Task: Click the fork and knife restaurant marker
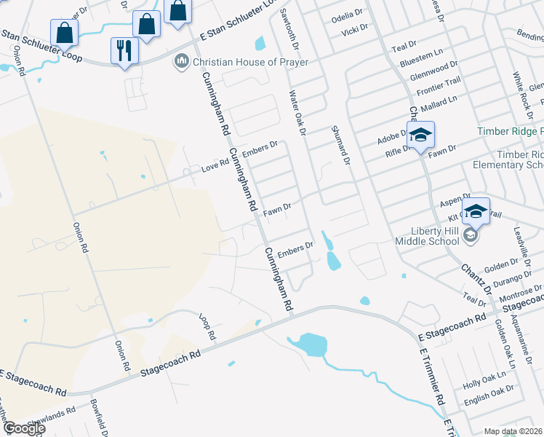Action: click(123, 51)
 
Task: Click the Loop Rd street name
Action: click(209, 328)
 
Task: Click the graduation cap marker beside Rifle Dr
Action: click(420, 136)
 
